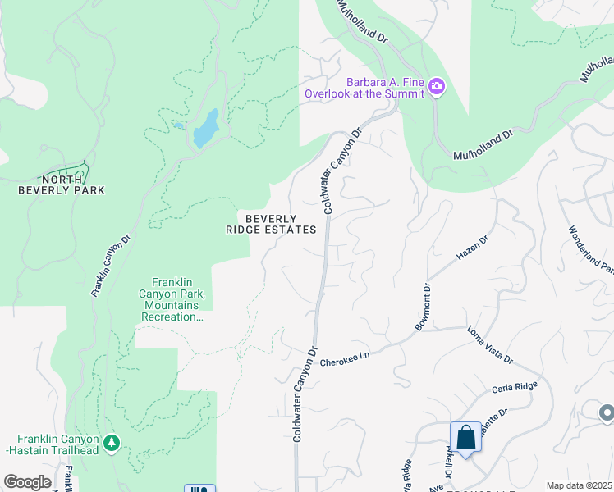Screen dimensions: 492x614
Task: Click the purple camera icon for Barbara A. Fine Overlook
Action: coord(437,86)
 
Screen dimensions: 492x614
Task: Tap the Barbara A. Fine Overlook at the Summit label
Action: coord(364,88)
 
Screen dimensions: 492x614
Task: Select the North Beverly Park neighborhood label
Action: coord(62,184)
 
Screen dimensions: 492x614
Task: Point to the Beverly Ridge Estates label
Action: coord(271,224)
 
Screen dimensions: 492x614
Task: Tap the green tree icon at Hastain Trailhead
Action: coord(112,444)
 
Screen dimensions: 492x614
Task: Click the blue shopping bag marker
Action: coord(465,437)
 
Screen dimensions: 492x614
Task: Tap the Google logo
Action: coord(27,482)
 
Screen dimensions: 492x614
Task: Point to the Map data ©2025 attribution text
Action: coord(579,485)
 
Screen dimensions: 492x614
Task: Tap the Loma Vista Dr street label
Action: coord(490,346)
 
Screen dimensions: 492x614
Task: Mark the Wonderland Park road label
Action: coord(590,250)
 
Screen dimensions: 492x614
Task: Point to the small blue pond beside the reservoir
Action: coord(178,126)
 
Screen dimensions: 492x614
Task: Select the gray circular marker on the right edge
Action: coord(607,412)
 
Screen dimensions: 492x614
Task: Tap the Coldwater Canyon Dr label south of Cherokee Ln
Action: coord(305,394)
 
